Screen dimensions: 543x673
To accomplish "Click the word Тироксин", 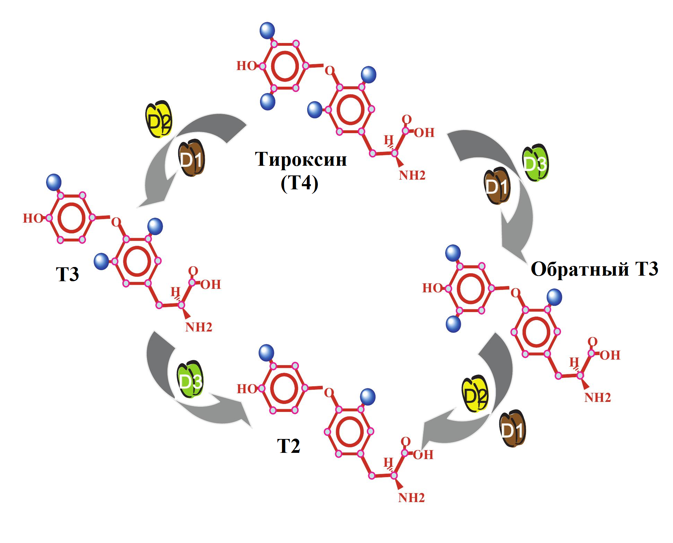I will [x=301, y=160].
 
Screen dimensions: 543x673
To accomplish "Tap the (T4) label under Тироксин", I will [x=299, y=183].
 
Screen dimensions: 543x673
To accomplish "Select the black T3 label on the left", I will [x=67, y=274].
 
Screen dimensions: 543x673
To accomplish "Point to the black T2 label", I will [x=288, y=446].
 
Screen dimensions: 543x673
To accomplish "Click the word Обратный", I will [x=580, y=269].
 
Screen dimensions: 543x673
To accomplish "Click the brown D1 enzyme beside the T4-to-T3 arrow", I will [x=191, y=159].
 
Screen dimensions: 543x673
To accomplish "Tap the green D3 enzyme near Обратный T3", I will [x=535, y=163].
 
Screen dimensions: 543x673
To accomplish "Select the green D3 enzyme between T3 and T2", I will [x=190, y=380].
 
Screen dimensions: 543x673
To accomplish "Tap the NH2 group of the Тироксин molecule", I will [x=412, y=175].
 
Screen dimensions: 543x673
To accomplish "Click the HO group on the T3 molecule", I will [x=33, y=218].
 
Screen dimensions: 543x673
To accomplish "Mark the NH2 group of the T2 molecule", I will [x=411, y=498].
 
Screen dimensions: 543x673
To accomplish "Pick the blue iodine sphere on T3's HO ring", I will [x=54, y=182].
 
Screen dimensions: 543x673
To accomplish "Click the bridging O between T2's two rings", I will [x=329, y=393].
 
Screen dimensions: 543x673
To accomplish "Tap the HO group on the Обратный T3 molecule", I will [x=432, y=288].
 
